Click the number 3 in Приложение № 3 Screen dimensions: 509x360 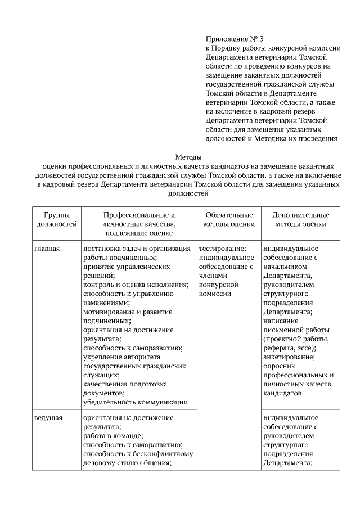(x=262, y=39)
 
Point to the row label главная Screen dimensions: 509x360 (x=47, y=248)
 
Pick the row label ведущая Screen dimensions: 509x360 (x=48, y=418)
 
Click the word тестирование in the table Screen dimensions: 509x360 (x=222, y=248)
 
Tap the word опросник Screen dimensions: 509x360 (x=280, y=366)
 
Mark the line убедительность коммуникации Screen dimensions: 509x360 (x=135, y=402)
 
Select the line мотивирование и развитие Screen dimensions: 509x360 (x=123, y=311)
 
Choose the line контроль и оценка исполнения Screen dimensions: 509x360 (x=136, y=285)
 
